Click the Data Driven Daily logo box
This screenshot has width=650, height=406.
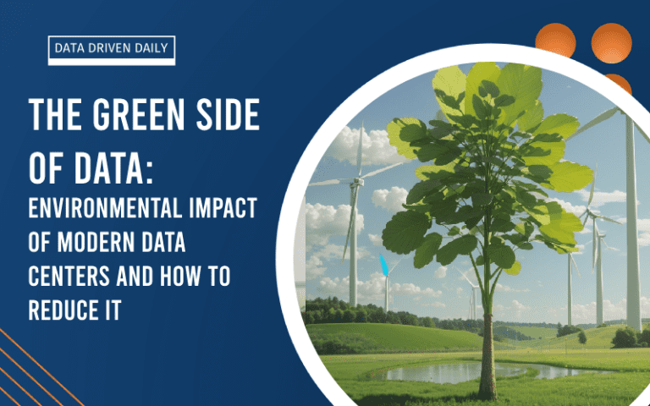tap(112, 50)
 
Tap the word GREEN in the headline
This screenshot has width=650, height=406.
tap(138, 115)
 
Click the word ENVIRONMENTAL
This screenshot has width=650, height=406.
tap(105, 208)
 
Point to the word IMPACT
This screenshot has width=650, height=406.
tap(223, 208)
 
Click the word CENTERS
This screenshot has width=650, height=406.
tap(69, 276)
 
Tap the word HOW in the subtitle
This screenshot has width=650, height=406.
tap(181, 276)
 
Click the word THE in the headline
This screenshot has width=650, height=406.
tap(55, 115)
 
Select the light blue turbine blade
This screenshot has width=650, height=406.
tap(384, 266)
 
